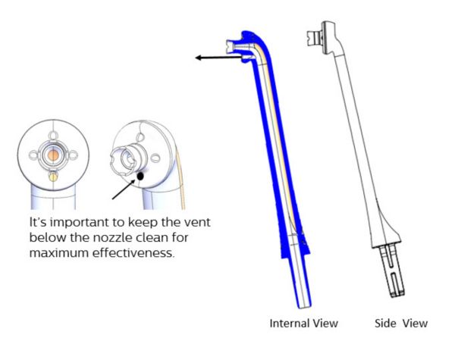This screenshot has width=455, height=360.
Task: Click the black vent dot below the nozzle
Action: click(x=140, y=176)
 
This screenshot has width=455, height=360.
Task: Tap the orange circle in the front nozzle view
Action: click(x=53, y=155)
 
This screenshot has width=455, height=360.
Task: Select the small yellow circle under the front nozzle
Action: click(x=53, y=177)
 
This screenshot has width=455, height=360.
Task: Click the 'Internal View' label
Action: click(x=304, y=323)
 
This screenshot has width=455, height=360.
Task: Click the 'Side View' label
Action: click(x=401, y=323)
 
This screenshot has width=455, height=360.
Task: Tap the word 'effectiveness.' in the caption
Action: click(x=133, y=253)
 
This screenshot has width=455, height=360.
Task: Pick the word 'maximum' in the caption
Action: click(x=59, y=253)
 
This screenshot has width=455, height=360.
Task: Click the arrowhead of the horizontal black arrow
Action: click(x=198, y=58)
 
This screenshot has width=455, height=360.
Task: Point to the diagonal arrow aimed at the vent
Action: click(x=124, y=189)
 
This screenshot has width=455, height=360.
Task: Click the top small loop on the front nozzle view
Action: click(x=53, y=136)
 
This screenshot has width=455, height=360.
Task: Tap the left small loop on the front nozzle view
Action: click(x=33, y=155)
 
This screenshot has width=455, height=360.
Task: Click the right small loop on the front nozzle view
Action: click(x=73, y=155)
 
